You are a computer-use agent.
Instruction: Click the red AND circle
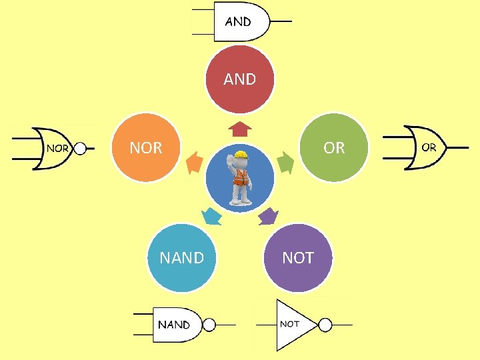[239, 79]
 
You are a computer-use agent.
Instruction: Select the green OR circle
[335, 147]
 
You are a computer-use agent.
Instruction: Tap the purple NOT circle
[297, 258]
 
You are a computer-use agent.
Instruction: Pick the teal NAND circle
[181, 258]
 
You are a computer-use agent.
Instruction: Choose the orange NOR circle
[146, 147]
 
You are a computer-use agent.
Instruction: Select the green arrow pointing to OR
[285, 163]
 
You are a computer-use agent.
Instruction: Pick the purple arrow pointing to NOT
[268, 215]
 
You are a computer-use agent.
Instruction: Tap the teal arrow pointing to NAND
[211, 216]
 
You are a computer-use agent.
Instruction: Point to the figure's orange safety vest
[240, 177]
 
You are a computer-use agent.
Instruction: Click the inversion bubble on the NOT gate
[325, 325]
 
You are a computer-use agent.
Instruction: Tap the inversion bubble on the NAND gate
[209, 325]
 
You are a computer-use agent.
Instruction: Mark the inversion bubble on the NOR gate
[80, 148]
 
